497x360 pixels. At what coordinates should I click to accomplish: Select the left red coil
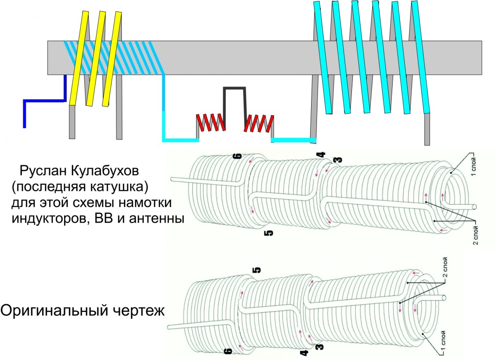(x=211, y=122)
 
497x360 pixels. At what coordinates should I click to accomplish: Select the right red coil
(x=259, y=123)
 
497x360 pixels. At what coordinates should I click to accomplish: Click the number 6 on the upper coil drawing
(x=238, y=156)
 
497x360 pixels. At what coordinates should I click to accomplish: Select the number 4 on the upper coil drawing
(x=322, y=154)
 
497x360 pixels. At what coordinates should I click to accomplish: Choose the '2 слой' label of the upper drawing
(x=475, y=235)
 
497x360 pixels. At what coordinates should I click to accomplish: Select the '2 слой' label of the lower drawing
(x=446, y=267)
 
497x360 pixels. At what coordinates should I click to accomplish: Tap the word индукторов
(x=48, y=219)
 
